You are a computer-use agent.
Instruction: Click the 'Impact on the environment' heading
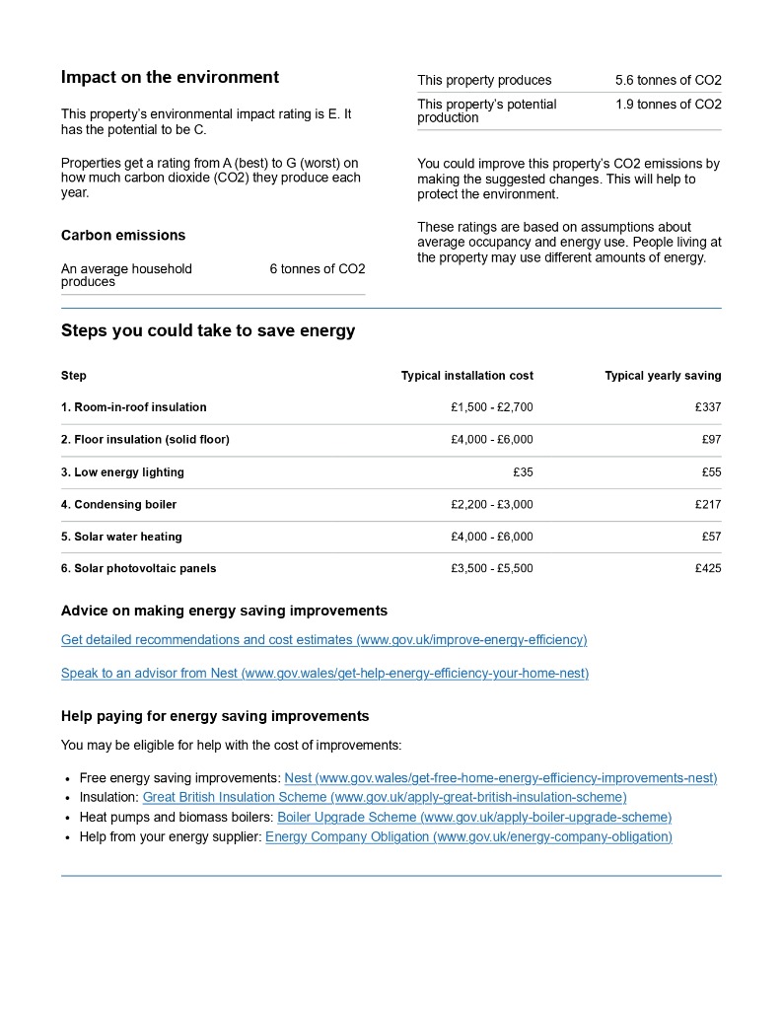click(170, 78)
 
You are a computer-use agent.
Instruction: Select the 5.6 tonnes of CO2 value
click(668, 81)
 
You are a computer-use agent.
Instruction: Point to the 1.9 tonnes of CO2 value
click(668, 105)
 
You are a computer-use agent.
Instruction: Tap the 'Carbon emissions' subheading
click(123, 236)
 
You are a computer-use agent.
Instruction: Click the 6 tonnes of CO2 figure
click(317, 269)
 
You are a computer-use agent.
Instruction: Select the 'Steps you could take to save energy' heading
click(207, 331)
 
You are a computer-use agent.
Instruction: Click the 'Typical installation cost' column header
click(466, 376)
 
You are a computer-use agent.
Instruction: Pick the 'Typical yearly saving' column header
click(663, 376)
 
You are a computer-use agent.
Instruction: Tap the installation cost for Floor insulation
click(491, 440)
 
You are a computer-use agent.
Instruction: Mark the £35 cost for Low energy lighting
click(523, 472)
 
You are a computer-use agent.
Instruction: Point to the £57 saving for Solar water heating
click(711, 537)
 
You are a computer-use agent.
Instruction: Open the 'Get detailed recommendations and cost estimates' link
click(323, 640)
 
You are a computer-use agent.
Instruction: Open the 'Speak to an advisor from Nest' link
click(324, 674)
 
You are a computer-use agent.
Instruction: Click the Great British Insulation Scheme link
click(385, 797)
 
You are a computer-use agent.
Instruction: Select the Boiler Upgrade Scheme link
click(474, 818)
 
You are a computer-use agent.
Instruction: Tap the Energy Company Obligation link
click(468, 837)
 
